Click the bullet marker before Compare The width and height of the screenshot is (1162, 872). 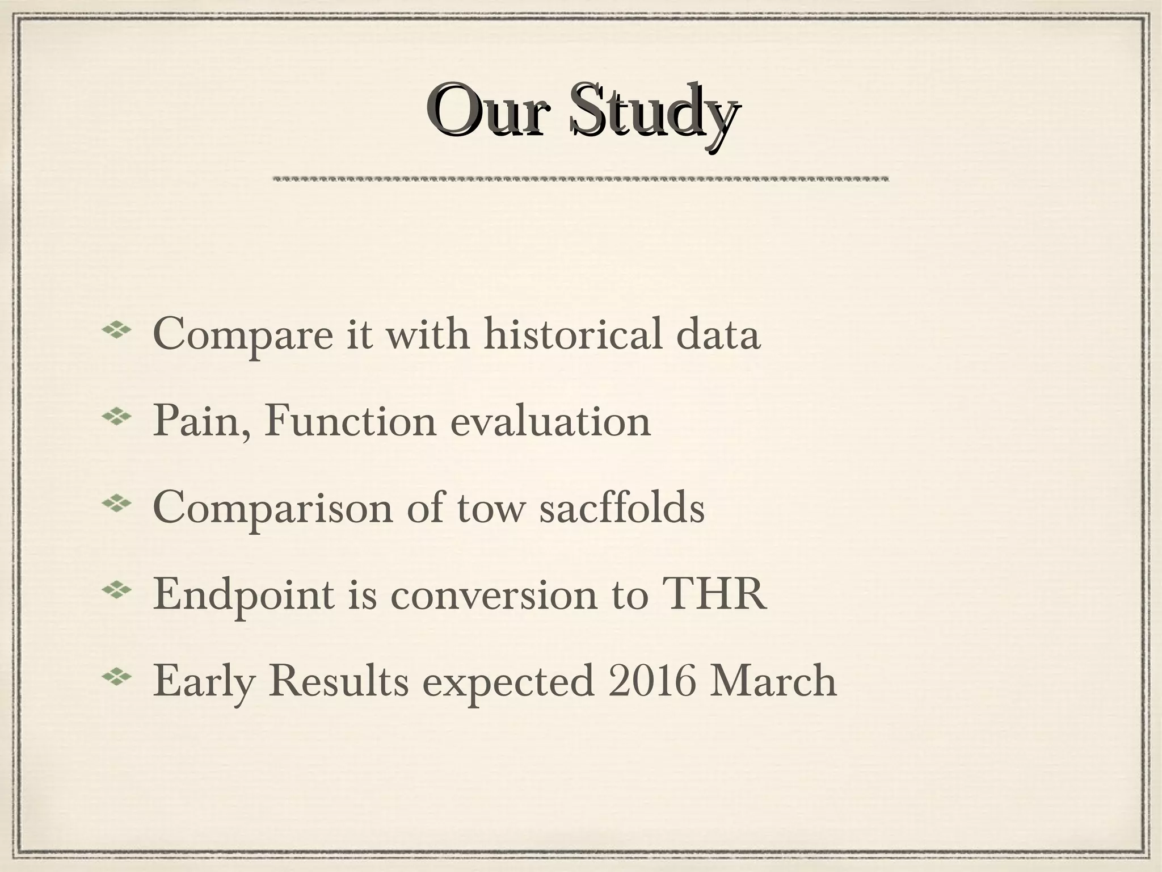coord(116,330)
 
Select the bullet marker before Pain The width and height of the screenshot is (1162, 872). coord(116,417)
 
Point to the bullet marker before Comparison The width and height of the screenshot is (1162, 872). coord(116,504)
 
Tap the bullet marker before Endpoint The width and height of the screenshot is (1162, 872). coord(116,591)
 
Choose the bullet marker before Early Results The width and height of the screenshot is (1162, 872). coord(116,678)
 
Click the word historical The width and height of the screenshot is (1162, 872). coord(573,334)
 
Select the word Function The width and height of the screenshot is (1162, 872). coord(350,421)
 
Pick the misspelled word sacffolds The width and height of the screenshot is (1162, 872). coord(622,508)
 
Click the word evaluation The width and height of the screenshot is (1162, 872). coord(550,421)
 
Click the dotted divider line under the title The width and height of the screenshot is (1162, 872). coord(580,179)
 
